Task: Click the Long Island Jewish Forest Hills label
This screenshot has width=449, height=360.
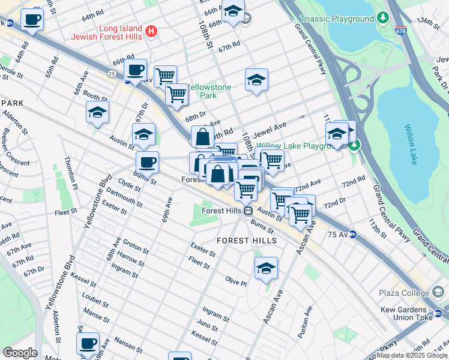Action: pos(112,32)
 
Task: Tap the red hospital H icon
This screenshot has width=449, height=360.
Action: pos(152,31)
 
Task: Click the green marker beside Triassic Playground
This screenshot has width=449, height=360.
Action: pos(382,19)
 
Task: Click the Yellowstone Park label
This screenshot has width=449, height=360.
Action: pos(208,91)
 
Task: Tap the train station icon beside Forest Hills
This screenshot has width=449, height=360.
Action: pos(247,210)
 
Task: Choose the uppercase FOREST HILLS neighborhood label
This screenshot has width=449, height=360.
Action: pos(247,241)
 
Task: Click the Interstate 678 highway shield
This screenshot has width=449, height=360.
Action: pos(400,29)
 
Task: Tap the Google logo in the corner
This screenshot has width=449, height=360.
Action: pos(20,353)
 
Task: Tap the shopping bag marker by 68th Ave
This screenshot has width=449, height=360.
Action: pos(203,136)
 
